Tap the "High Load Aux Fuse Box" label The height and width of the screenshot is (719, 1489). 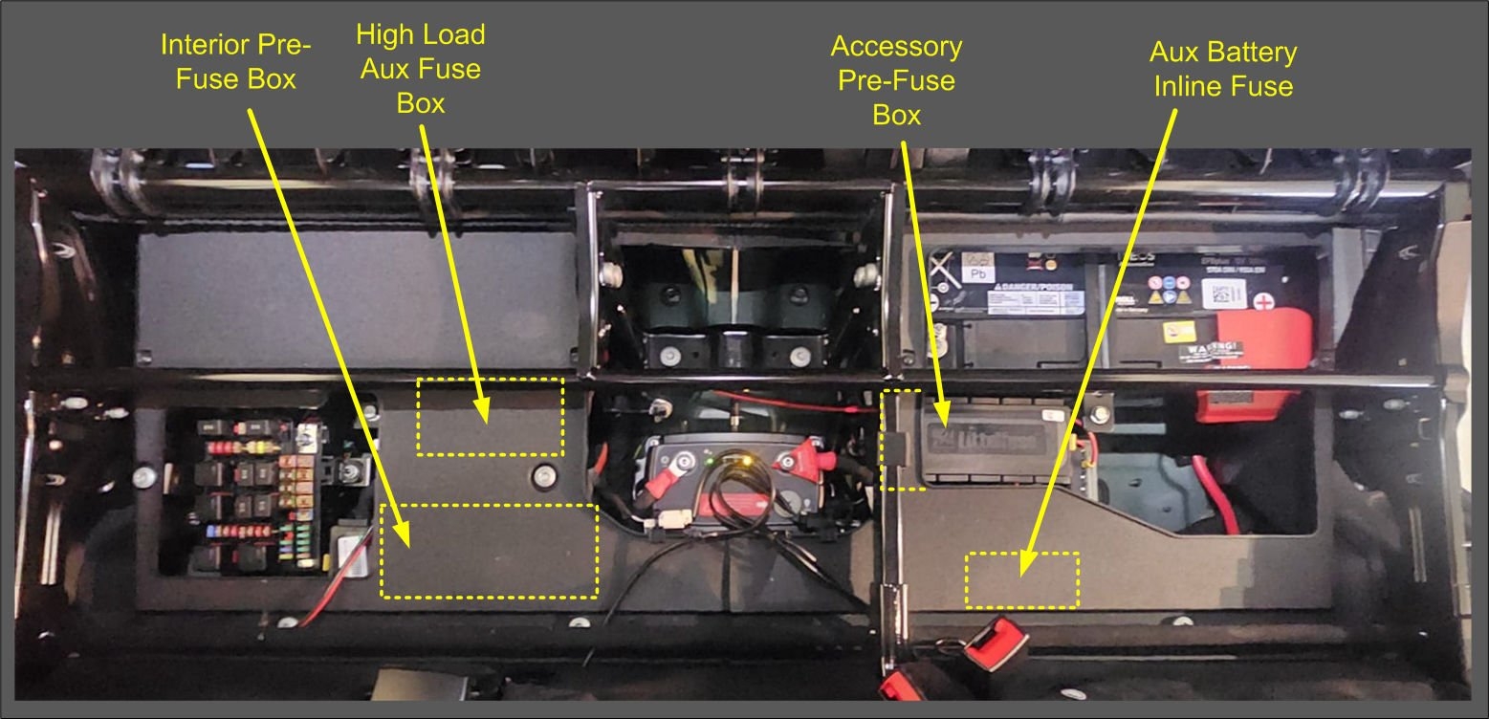pyautogui.click(x=421, y=69)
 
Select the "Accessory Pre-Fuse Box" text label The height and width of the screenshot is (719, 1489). pyautogui.click(x=896, y=80)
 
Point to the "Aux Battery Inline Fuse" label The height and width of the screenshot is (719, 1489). pyautogui.click(x=1223, y=69)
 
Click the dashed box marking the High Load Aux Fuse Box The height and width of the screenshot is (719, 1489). pyautogui.click(x=490, y=416)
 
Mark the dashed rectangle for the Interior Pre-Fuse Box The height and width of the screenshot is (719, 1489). pyautogui.click(x=489, y=550)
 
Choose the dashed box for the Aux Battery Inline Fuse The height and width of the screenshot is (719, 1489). pyautogui.click(x=1021, y=579)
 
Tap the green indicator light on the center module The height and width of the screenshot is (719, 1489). pyautogui.click(x=710, y=464)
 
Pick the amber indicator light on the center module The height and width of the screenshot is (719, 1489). pyautogui.click(x=740, y=463)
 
